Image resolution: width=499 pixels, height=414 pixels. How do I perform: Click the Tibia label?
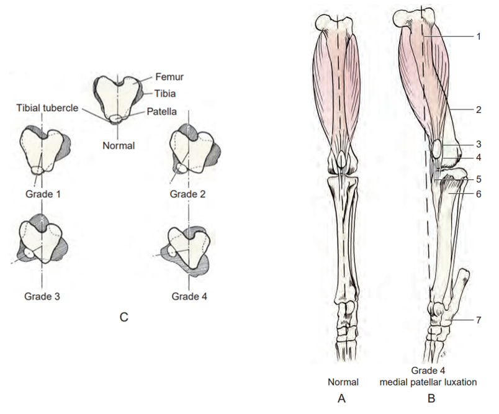click(x=163, y=94)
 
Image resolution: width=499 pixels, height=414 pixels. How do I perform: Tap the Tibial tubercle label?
click(x=47, y=107)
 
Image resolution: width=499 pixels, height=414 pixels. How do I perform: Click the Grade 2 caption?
click(x=189, y=194)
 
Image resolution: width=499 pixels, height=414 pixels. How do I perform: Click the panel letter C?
click(x=124, y=318)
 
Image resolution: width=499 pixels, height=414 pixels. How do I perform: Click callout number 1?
click(x=479, y=37)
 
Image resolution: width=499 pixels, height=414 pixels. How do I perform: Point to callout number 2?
click(x=479, y=110)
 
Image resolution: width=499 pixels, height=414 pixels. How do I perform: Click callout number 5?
click(x=479, y=179)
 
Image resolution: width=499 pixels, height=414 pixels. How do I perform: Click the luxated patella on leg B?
click(x=436, y=148)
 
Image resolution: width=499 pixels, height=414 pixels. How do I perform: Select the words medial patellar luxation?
click(x=428, y=382)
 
